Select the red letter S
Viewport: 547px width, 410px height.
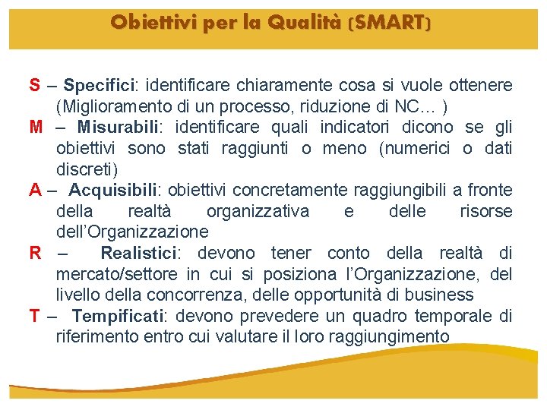35,85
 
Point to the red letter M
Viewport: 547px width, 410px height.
36,127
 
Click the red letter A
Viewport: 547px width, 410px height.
36,190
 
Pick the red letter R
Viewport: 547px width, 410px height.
36,253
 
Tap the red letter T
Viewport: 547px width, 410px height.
35,316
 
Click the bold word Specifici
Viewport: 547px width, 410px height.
98,85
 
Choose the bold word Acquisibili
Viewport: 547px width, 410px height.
115,190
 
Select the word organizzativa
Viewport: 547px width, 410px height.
258,211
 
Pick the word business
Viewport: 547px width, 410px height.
441,295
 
